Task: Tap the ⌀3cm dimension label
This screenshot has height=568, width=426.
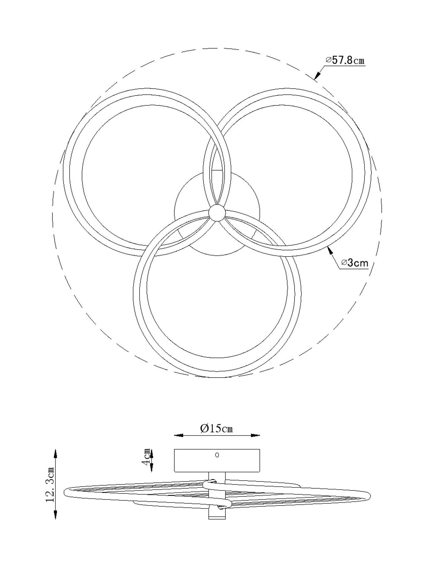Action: tap(355, 263)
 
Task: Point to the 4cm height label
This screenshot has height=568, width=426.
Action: tap(147, 457)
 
